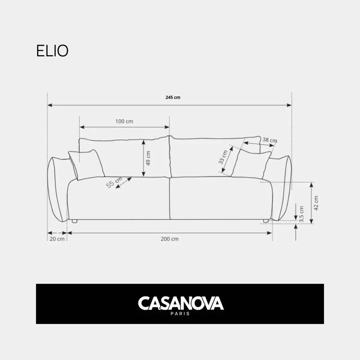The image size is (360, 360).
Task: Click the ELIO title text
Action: tap(52, 50)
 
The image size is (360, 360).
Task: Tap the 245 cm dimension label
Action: tap(173, 97)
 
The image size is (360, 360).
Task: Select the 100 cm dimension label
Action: tap(124, 121)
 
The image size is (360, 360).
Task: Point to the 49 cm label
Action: tap(148, 158)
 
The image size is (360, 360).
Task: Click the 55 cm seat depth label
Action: tap(114, 182)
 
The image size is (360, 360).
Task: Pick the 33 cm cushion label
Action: tap(223, 157)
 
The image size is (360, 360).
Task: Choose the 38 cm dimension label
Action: tap(270, 140)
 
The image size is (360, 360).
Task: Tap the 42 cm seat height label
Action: tap(316, 203)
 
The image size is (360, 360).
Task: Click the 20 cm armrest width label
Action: tap(57, 239)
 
